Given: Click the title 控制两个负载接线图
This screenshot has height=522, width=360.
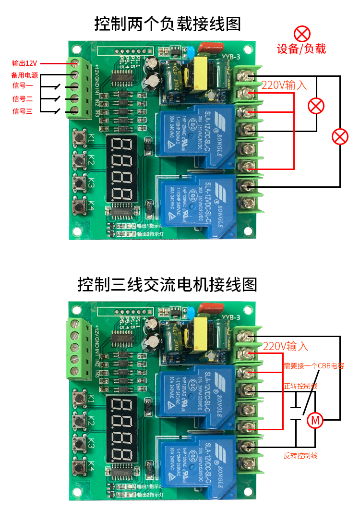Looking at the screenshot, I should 168,24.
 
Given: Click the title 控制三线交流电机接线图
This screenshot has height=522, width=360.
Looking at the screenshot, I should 168,284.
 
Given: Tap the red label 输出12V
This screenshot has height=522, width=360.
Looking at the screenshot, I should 24,63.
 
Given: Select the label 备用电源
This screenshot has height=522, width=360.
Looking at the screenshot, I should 24,75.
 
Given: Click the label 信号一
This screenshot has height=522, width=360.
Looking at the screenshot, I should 23,86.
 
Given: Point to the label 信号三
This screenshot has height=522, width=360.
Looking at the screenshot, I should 23,111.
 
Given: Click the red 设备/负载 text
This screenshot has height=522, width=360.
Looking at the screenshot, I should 301,49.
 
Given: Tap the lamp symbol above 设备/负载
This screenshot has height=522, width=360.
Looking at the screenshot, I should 302,34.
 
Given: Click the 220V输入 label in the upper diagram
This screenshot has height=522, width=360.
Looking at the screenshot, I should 284,85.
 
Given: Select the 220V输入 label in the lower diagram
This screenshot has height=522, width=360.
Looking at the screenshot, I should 286,346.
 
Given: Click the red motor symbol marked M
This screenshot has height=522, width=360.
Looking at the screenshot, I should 315,420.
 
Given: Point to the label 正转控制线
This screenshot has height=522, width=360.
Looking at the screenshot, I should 300,386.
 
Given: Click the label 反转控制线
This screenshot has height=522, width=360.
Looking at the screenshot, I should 300,455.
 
